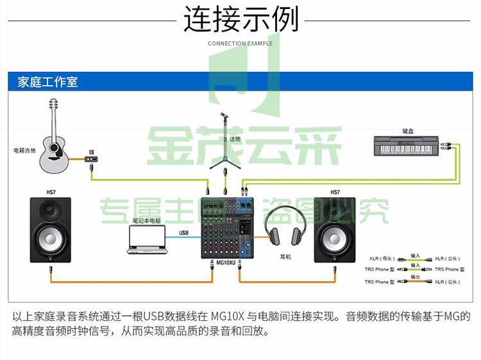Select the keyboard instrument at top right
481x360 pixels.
407,146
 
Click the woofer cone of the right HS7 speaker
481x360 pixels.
335,239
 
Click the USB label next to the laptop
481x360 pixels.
183,232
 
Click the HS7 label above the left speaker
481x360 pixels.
51,192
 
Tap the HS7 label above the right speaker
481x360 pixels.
335,192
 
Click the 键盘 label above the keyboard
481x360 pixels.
408,131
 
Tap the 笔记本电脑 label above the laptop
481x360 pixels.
146,221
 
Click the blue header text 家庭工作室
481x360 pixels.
48,82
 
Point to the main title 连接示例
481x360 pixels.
240,19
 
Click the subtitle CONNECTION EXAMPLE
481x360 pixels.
240,44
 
